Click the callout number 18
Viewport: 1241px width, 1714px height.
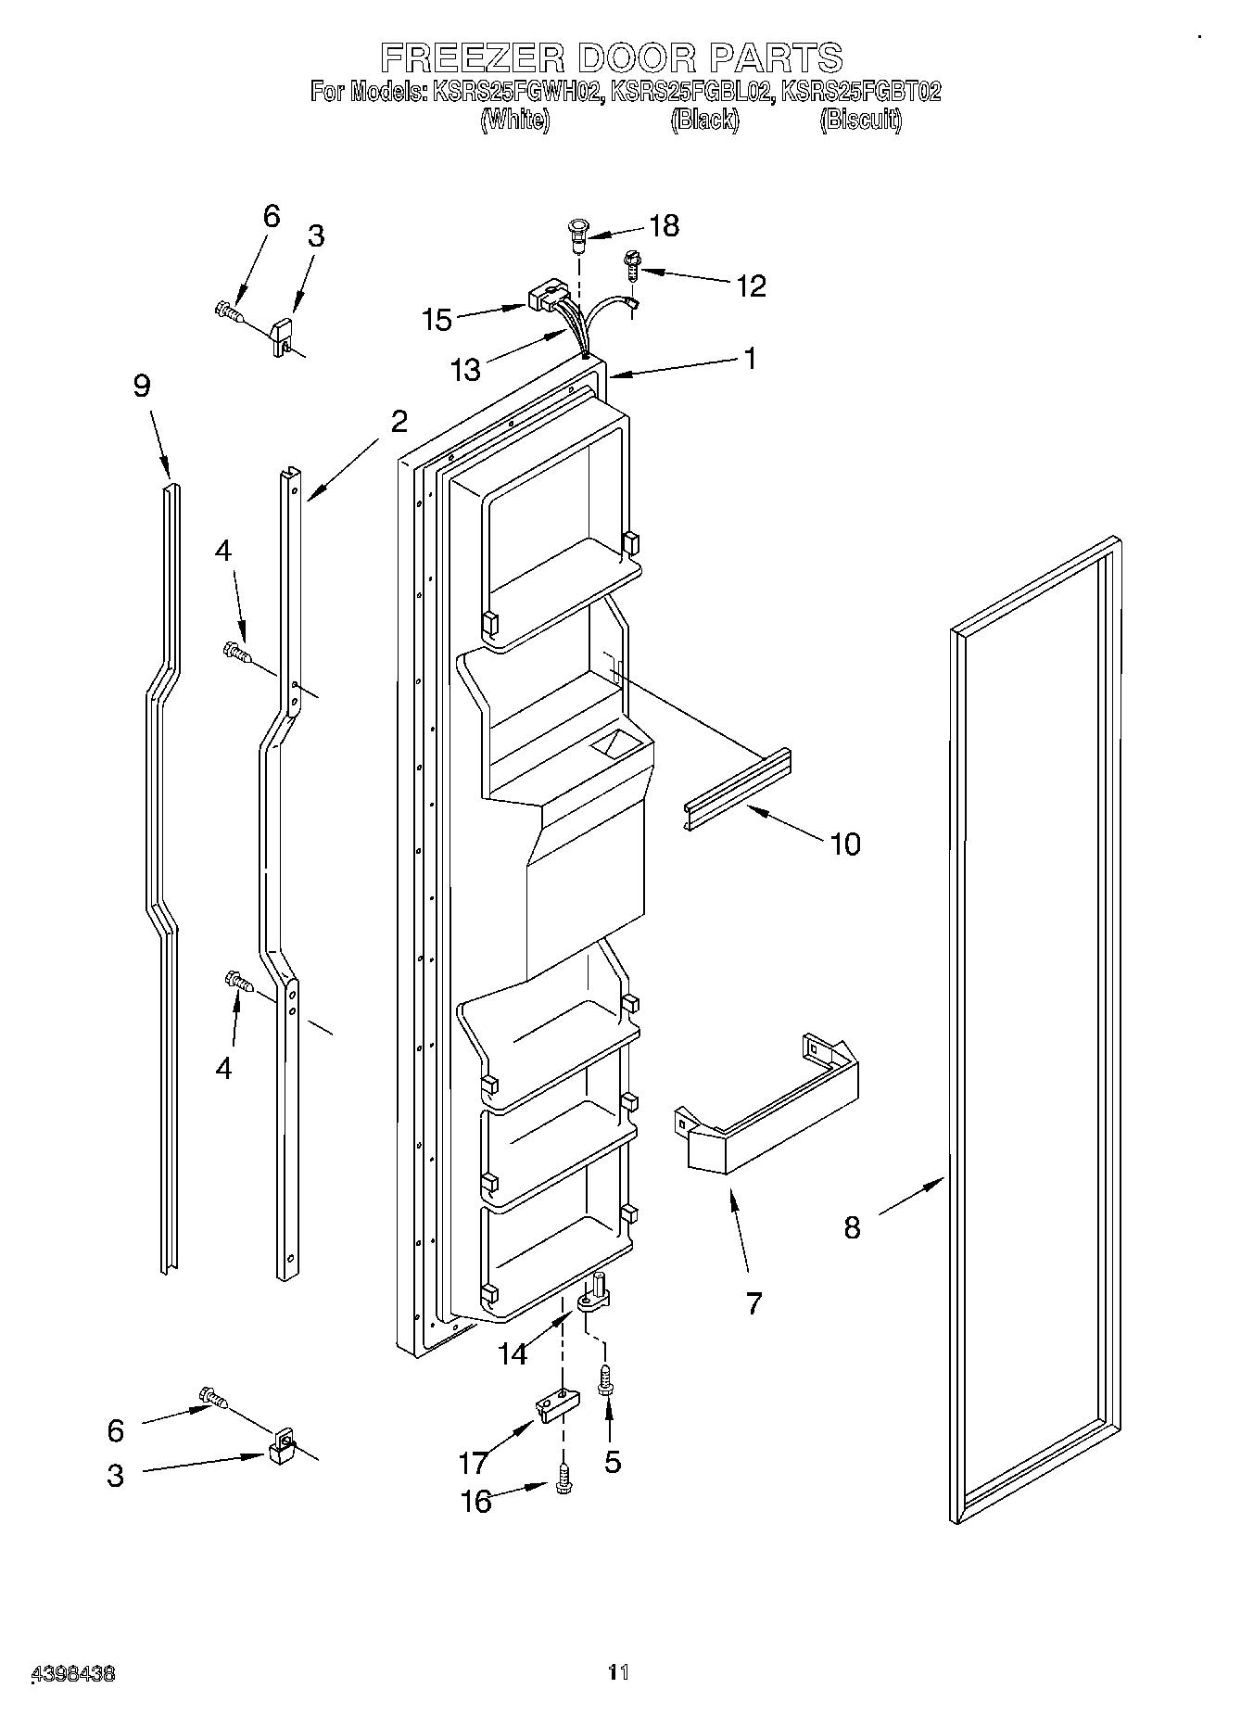(664, 225)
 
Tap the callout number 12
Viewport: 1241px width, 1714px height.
(751, 286)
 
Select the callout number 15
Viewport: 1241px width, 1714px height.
(437, 320)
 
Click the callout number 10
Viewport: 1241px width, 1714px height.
(845, 844)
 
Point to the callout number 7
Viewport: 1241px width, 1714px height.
(753, 1303)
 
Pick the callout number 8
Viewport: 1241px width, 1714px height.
(852, 1227)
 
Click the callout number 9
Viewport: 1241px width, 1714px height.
(141, 385)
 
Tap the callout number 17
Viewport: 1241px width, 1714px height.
(474, 1463)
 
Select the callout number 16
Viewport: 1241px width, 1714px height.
(476, 1501)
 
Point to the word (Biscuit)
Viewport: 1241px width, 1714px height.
(860, 121)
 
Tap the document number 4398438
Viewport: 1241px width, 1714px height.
(73, 1674)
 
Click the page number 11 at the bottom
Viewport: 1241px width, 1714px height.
(618, 1672)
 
